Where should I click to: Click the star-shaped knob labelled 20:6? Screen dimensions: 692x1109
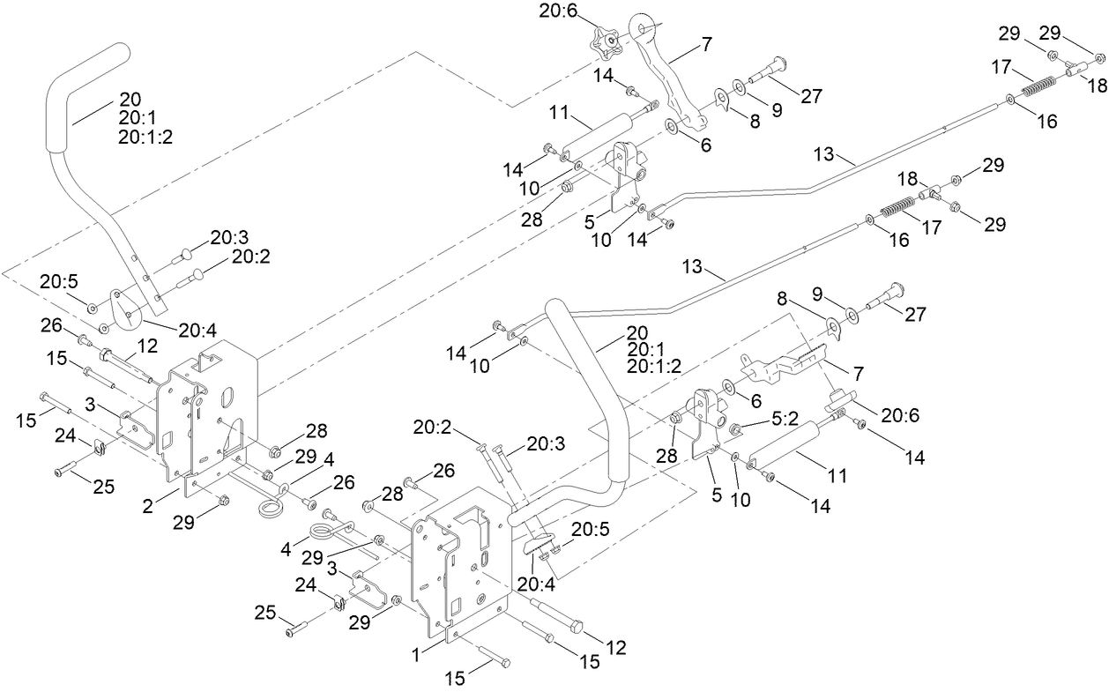(x=606, y=40)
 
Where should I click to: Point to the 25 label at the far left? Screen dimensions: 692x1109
(x=104, y=487)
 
